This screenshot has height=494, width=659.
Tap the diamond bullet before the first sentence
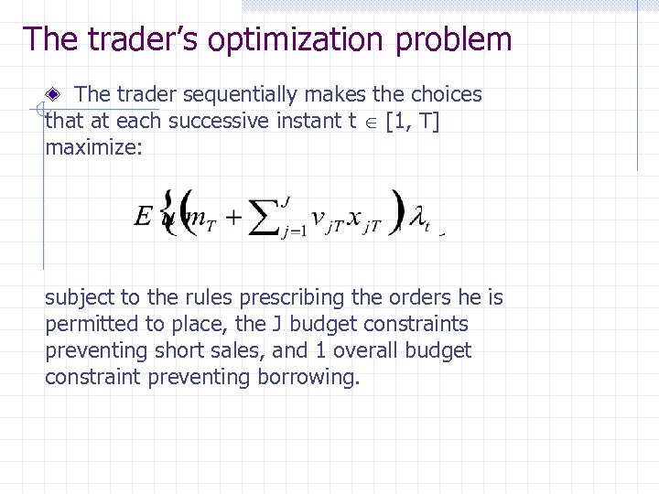55,93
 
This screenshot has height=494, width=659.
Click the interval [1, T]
413,121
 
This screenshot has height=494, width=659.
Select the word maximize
93,147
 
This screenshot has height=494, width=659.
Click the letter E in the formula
143,217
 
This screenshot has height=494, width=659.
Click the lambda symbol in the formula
416,219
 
